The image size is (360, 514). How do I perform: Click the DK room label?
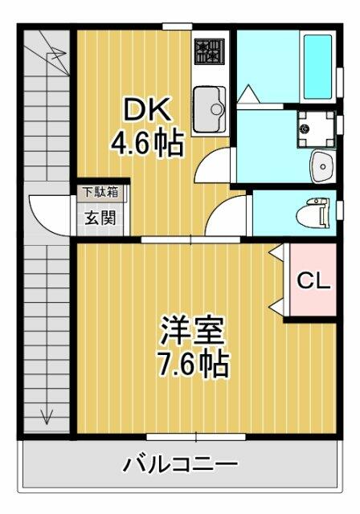click(146, 109)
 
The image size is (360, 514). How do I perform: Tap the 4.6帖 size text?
click(146, 143)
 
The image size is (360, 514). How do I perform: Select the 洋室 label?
click(192, 330)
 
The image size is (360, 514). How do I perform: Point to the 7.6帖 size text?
click(193, 364)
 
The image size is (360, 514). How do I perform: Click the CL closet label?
click(313, 280)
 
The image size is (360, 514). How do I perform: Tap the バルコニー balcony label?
click(180, 463)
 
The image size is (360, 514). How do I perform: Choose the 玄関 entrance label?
click(100, 218)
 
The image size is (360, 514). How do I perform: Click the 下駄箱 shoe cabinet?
click(100, 192)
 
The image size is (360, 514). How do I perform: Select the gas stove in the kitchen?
click(210, 51)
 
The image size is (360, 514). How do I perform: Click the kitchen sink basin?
click(210, 109)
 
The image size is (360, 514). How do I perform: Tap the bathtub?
click(317, 67)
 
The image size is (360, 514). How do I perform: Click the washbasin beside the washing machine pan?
click(322, 166)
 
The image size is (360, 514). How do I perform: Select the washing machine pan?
click(317, 128)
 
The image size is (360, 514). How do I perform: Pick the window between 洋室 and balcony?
click(196, 437)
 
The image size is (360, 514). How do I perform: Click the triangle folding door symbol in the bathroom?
click(248, 94)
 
